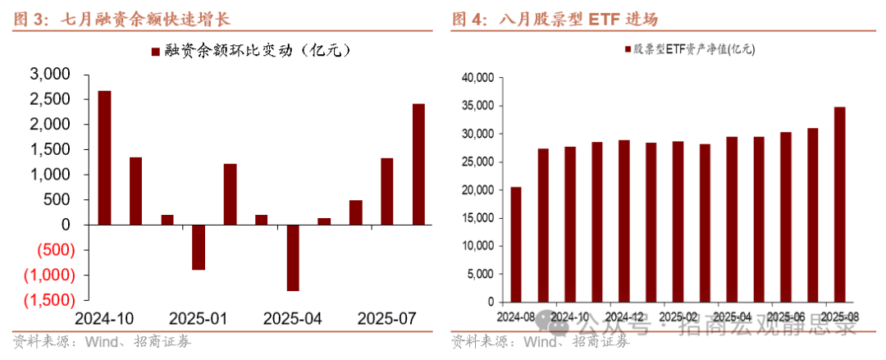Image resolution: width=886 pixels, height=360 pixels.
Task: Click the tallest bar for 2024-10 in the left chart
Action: (104, 157)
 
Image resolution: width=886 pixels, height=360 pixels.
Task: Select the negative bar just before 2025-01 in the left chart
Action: (199, 247)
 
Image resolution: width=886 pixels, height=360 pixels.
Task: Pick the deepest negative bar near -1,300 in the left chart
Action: (293, 257)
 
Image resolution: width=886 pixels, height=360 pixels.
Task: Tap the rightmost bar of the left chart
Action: (418, 164)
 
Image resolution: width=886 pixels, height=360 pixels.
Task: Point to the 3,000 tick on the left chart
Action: (51, 75)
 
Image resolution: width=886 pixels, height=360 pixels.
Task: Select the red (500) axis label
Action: (51, 250)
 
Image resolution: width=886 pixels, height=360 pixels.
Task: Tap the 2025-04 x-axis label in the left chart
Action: (293, 318)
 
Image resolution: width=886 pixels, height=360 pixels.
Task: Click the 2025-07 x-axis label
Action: (387, 318)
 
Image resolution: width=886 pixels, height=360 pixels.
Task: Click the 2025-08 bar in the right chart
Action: (839, 204)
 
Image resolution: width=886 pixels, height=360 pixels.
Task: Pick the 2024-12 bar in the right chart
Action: (623, 221)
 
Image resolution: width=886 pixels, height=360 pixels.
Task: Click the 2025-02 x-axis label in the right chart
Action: (678, 316)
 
